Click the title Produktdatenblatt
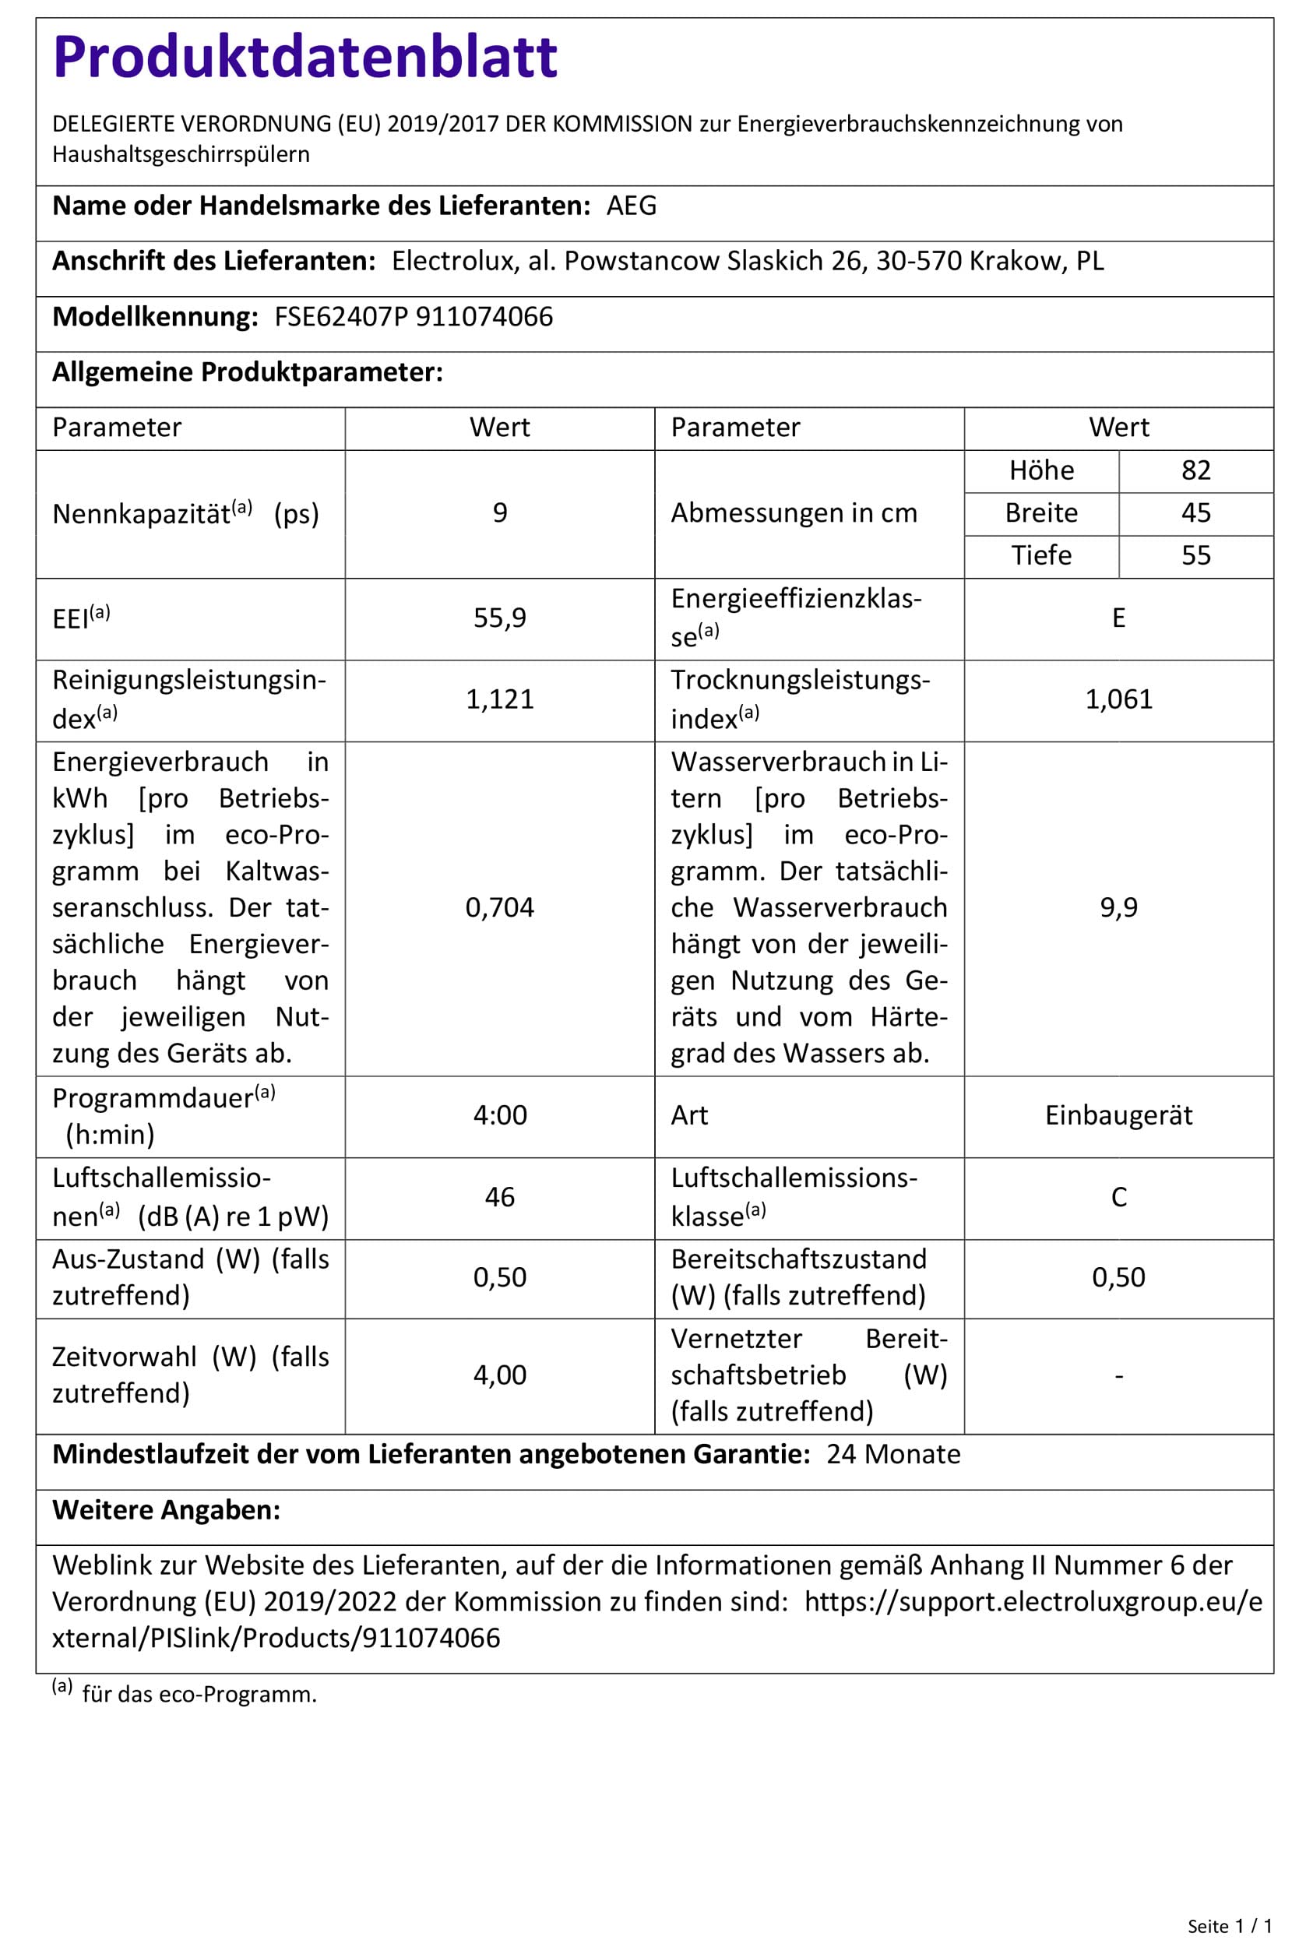(305, 58)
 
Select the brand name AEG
(632, 206)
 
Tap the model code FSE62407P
(341, 316)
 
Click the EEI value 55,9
(499, 618)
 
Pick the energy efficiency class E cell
(1118, 618)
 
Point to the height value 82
(1195, 470)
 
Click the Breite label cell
(1041, 513)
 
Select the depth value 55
(1195, 555)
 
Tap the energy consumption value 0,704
(499, 907)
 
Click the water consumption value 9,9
(1118, 907)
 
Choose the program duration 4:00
(499, 1115)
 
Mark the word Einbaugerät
(1118, 1115)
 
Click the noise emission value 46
(499, 1196)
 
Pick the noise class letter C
(1118, 1197)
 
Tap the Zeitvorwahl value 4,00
(499, 1375)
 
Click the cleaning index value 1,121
(499, 699)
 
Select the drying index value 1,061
(1118, 699)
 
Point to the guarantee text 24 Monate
(893, 1454)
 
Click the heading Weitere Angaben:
(167, 1509)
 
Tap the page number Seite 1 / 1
(1230, 1926)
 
